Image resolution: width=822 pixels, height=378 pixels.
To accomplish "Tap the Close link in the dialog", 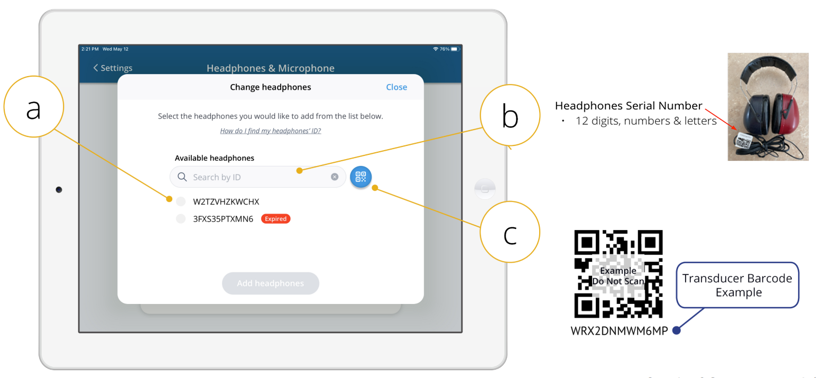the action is (396, 87).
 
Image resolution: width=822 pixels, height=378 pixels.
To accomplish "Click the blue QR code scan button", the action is (361, 177).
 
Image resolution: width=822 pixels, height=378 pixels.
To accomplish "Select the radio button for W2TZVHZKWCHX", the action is (181, 201).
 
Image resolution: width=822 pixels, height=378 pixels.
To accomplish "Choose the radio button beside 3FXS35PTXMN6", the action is (181, 219).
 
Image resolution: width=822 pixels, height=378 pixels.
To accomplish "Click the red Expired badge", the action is (275, 219).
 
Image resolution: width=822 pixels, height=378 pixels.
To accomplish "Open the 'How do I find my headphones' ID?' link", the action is (271, 131).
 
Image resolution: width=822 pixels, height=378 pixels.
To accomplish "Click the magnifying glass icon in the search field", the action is (182, 177).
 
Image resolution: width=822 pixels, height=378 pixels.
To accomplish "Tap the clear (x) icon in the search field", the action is (334, 177).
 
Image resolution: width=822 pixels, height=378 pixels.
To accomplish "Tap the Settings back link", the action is (113, 68).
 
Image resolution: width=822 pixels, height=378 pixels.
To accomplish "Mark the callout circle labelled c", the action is (510, 202).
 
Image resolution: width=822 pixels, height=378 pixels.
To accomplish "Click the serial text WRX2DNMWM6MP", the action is (619, 330).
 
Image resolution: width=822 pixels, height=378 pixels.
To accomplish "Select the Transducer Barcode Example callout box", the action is (737, 285).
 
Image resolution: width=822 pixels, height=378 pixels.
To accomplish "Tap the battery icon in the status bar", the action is (455, 49).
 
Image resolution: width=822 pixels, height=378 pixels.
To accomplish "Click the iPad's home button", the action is (485, 189).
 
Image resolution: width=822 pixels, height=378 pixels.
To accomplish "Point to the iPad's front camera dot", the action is (59, 190).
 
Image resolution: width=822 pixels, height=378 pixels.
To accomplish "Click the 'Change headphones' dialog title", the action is (271, 87).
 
